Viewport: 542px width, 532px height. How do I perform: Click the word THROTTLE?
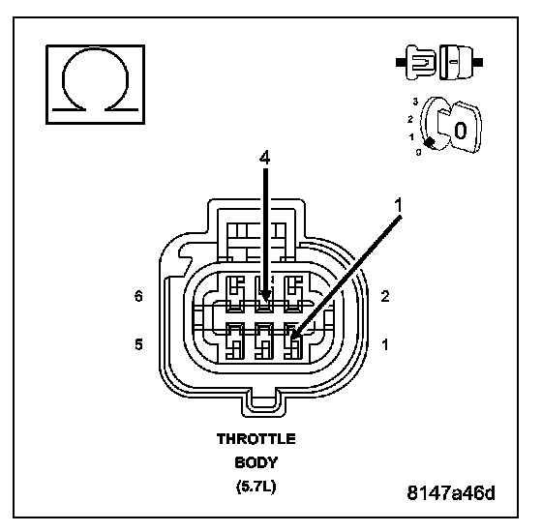[x=256, y=439]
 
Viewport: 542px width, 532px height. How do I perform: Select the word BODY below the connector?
[x=256, y=462]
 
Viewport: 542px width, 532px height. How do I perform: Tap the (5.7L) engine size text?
[x=256, y=487]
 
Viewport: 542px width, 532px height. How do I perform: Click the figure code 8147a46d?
[x=451, y=492]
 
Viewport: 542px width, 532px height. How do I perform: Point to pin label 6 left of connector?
[x=138, y=296]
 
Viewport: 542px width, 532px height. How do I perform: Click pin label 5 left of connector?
[x=138, y=344]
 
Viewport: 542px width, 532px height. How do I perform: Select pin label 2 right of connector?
[x=385, y=296]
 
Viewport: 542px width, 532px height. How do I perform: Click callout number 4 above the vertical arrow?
[x=265, y=158]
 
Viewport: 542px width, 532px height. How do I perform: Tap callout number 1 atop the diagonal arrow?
[x=399, y=205]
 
